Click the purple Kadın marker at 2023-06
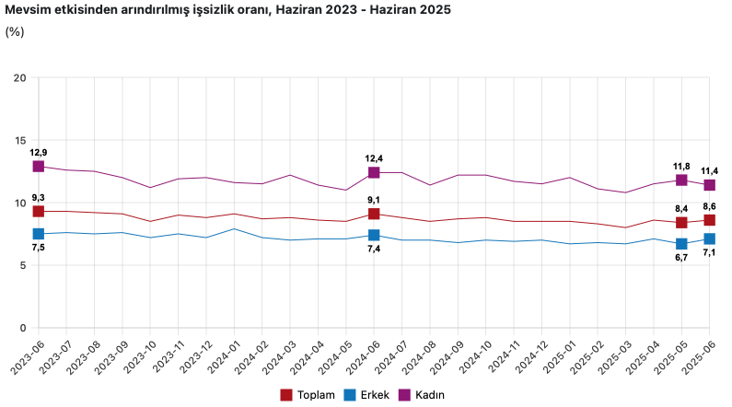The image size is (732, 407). pos(39,166)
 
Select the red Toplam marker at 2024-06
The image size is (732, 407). pos(374,214)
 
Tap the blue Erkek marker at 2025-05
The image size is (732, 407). pos(681,244)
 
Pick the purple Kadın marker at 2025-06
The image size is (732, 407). pos(710,185)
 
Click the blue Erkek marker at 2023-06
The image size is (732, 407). pos(39,234)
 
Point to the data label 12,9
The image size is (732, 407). pos(39,152)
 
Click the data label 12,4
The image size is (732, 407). pos(374,158)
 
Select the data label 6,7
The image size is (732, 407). pos(681,259)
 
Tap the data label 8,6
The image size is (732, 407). pos(710,206)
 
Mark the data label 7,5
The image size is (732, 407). pos(39,249)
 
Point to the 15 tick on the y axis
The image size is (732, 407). pos(18,140)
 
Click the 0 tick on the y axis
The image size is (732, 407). pos(22,328)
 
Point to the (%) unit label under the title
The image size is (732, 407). pos(15,31)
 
